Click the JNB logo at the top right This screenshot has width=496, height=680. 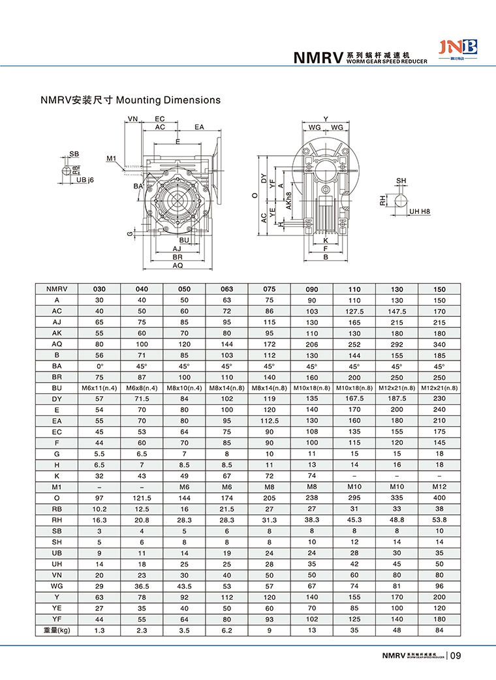[x=459, y=48]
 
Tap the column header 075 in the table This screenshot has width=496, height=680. [x=270, y=289]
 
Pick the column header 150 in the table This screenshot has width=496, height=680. [x=439, y=289]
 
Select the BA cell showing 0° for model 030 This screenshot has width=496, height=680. [x=99, y=366]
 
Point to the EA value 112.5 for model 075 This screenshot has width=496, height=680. [x=270, y=421]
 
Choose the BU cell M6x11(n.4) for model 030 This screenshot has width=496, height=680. [x=99, y=389]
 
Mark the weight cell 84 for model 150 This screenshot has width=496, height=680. [x=439, y=630]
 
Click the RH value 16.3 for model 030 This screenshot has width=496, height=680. [x=99, y=520]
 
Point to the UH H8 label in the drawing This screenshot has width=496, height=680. [x=418, y=212]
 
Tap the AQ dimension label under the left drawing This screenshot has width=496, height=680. [x=178, y=265]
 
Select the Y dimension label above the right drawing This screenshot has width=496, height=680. [x=326, y=119]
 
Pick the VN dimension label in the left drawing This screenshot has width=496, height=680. [x=133, y=119]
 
